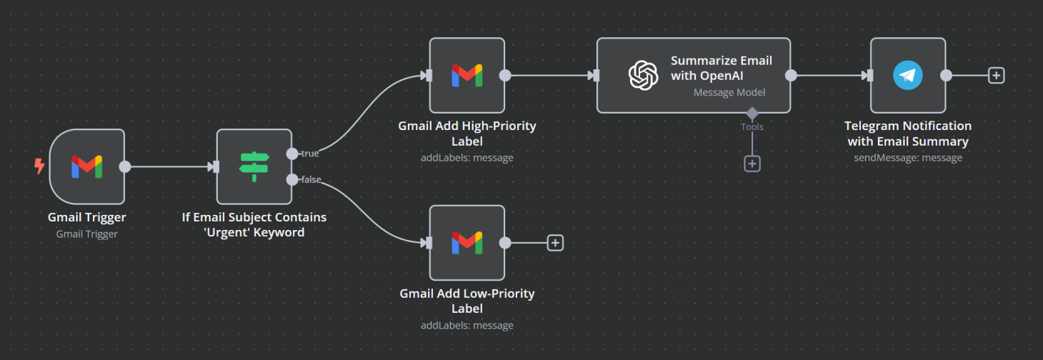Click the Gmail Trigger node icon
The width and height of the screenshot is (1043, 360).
(x=86, y=166)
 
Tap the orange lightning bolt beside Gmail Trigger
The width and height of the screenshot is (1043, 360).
(x=39, y=166)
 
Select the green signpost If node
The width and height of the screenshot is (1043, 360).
(x=254, y=166)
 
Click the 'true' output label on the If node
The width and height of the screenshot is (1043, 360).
(x=310, y=154)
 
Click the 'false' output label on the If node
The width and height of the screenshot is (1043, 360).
(x=311, y=179)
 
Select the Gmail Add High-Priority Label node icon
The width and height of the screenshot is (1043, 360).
(x=466, y=75)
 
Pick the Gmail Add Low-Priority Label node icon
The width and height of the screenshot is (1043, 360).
(x=466, y=243)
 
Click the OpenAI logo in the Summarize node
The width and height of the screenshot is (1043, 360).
(x=642, y=75)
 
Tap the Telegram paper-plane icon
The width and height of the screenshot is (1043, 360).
(x=907, y=75)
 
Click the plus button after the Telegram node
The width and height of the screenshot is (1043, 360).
(x=996, y=75)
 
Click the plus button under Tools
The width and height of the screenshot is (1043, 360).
(x=752, y=164)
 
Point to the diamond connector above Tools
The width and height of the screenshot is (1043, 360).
(x=752, y=114)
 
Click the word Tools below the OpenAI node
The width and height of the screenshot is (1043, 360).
(x=752, y=127)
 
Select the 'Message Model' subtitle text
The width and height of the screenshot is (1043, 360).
(x=729, y=92)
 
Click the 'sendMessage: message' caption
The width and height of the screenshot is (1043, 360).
(x=907, y=158)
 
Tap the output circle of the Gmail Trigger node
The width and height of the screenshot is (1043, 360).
(x=124, y=166)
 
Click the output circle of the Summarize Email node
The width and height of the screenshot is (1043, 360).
(x=791, y=75)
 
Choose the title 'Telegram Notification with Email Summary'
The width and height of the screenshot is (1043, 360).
(x=907, y=134)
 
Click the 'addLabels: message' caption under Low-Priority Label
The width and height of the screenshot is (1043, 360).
(x=466, y=326)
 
